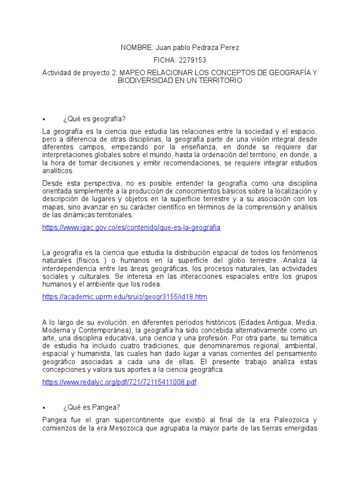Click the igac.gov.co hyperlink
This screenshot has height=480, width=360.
point(131,227)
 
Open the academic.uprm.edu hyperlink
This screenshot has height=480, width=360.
point(124,297)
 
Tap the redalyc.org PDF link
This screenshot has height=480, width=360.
point(119,382)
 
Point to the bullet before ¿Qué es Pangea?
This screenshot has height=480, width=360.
point(44,407)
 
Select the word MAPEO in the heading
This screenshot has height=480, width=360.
point(133,73)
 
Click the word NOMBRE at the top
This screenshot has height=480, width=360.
point(134,48)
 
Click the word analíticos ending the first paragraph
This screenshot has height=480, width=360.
point(58,171)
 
